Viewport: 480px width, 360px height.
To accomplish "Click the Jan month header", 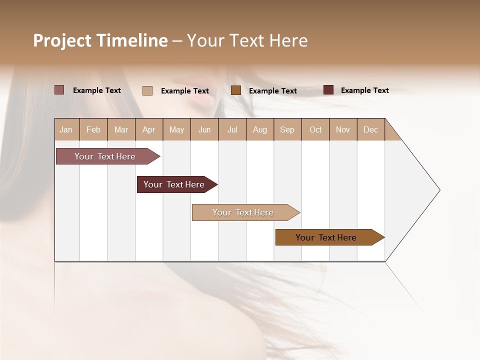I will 66,129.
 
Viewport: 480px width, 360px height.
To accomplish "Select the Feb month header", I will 93,129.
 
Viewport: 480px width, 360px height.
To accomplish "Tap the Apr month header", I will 149,129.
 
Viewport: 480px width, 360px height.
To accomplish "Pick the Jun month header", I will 204,129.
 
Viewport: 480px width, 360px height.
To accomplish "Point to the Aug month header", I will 260,129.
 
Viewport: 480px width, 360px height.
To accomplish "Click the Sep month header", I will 287,129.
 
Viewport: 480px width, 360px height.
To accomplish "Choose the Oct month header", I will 315,129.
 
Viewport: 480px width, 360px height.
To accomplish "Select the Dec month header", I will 371,129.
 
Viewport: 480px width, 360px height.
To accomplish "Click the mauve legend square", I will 59,90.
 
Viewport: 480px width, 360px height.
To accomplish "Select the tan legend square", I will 147,90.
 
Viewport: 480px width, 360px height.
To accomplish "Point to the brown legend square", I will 236,90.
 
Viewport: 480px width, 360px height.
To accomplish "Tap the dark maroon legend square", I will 328,90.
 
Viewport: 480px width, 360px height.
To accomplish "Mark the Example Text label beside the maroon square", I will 365,90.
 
